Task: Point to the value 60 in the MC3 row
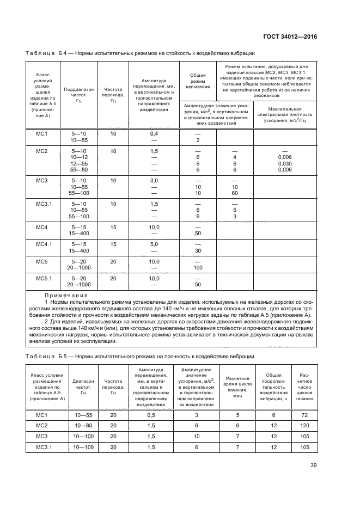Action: tap(234, 193)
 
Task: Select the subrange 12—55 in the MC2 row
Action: tap(79, 163)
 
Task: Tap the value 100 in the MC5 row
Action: tap(198, 267)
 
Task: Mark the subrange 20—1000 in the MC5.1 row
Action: tap(79, 284)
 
